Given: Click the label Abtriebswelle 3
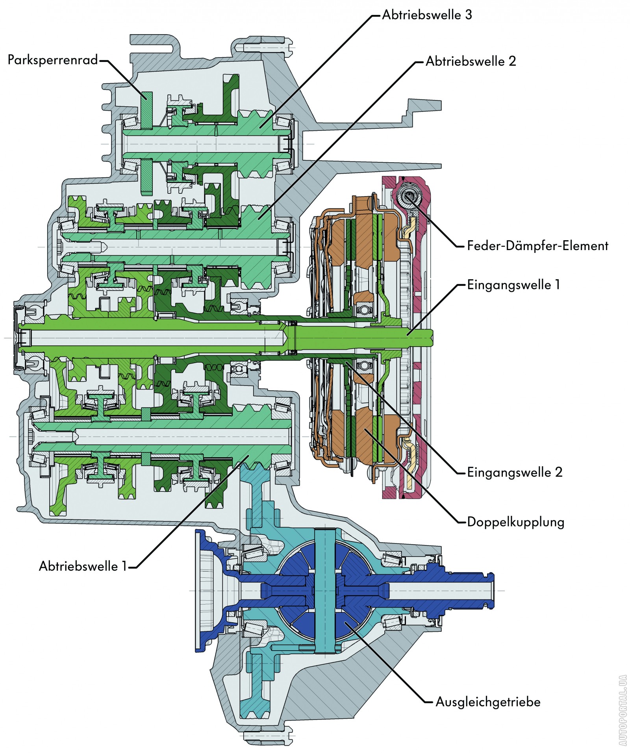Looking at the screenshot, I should pyautogui.click(x=427, y=15).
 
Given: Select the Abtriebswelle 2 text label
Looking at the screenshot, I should pyautogui.click(x=471, y=61).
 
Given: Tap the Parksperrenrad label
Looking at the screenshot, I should pyautogui.click(x=52, y=60).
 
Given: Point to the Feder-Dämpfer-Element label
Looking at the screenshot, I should pyautogui.click(x=537, y=246).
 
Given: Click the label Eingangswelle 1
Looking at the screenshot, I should pyautogui.click(x=513, y=285).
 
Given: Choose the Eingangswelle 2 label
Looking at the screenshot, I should pyautogui.click(x=514, y=472).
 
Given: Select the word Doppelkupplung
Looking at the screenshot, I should pyautogui.click(x=515, y=522).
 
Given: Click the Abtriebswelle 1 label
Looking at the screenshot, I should pyautogui.click(x=83, y=566).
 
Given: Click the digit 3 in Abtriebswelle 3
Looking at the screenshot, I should pyautogui.click(x=468, y=15).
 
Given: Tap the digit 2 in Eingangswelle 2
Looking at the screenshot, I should pyautogui.click(x=558, y=472).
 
